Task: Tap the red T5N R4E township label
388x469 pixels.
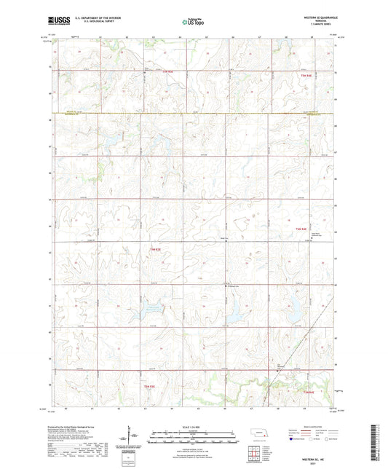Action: coord(306,75)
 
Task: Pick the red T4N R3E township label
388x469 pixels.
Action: coord(154,249)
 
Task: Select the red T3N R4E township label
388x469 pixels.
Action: coord(308,392)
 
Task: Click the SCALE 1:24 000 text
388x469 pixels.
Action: coord(193,425)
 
